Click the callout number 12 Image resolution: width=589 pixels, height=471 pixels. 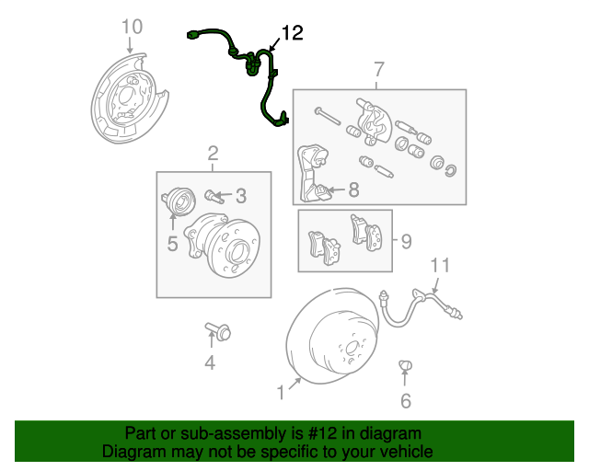click(x=291, y=34)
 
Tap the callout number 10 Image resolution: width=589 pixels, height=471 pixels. click(x=132, y=25)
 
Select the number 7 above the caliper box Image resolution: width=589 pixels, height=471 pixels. click(x=377, y=69)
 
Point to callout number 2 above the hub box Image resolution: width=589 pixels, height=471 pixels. click(x=213, y=153)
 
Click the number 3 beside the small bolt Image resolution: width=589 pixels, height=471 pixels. click(x=241, y=196)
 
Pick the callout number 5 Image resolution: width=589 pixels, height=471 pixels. click(x=171, y=244)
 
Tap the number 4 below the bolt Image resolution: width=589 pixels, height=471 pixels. click(x=210, y=363)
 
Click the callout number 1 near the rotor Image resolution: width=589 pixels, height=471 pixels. click(x=281, y=393)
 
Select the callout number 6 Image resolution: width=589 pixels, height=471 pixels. click(x=405, y=400)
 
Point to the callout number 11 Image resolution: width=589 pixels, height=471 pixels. click(x=441, y=267)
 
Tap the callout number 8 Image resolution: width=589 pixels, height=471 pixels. click(x=354, y=190)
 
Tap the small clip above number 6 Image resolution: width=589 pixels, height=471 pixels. click(x=404, y=368)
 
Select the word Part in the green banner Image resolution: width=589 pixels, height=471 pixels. click(x=141, y=433)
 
